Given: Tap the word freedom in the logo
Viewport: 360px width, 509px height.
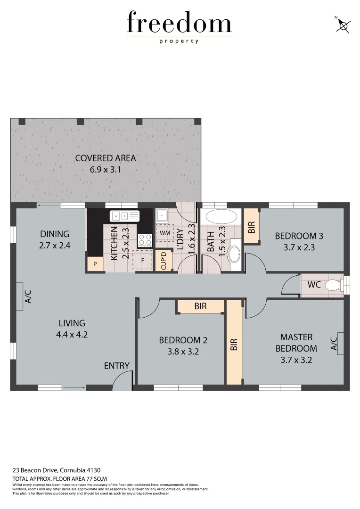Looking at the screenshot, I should (x=179, y=23).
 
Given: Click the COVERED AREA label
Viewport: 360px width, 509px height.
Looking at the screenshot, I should (x=106, y=158).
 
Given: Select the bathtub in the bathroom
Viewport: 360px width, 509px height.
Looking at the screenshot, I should (x=221, y=218).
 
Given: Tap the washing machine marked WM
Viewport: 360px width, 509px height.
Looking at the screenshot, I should (x=164, y=233).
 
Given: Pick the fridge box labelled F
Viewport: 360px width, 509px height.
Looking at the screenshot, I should (x=142, y=260).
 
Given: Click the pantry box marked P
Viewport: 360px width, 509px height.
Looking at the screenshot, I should (x=95, y=264).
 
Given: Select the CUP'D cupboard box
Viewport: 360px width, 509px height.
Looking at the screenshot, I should (x=164, y=261).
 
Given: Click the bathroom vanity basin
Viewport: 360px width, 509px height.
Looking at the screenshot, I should (x=234, y=255).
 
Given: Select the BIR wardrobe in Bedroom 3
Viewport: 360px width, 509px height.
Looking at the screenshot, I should (x=252, y=226).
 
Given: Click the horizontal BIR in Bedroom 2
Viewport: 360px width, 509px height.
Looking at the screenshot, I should (x=201, y=306).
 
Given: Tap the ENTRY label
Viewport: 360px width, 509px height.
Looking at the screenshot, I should (x=116, y=366).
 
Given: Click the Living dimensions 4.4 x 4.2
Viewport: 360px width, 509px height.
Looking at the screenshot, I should (x=72, y=335).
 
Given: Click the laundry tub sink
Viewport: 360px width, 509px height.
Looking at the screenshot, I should (x=162, y=216).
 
